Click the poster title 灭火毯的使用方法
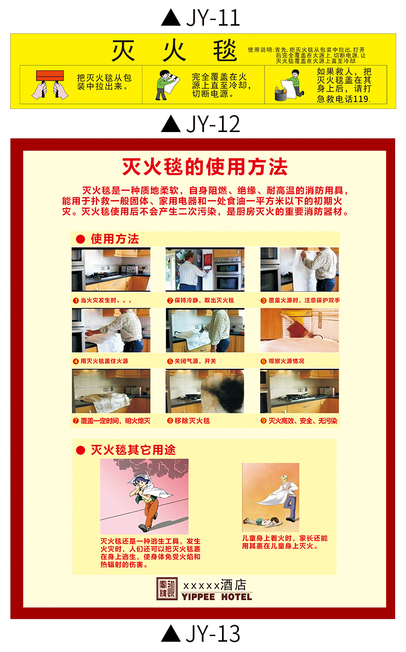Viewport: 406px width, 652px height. (205, 167)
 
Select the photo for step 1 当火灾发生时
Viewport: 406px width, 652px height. (111, 270)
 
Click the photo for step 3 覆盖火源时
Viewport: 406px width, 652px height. (299, 270)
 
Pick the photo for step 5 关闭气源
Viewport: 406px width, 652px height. (205, 330)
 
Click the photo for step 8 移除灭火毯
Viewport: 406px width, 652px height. (205, 391)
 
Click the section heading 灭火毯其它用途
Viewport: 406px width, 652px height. (133, 450)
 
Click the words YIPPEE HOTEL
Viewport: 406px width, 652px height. (216, 597)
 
